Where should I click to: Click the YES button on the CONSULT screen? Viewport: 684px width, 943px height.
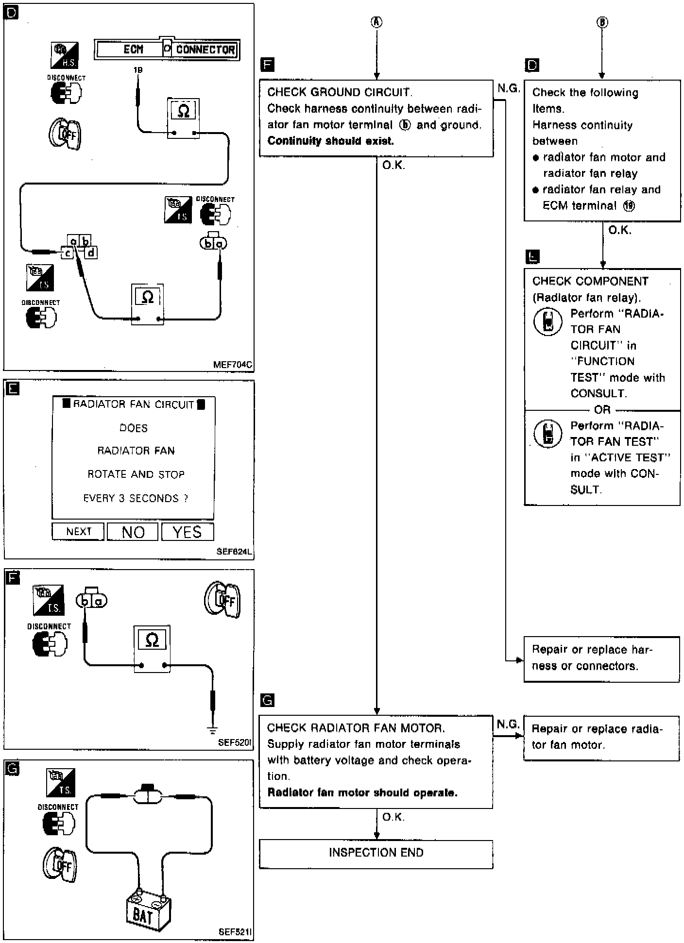coord(188,532)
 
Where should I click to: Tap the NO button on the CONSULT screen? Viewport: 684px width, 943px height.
coord(133,532)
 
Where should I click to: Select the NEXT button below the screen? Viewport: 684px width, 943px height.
coord(78,531)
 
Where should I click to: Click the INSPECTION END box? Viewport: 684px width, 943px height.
coord(376,853)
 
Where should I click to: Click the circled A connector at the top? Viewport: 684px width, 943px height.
coord(376,22)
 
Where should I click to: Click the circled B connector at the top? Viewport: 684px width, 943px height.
coord(602,22)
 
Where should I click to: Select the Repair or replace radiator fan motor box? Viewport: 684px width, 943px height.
coord(601,737)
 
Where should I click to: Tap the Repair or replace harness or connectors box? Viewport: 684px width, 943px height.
coord(601,658)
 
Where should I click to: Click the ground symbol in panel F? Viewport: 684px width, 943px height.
coord(212,729)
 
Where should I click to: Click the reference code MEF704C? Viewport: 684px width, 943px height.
coord(233,365)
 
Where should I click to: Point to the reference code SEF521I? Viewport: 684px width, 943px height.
coord(235,932)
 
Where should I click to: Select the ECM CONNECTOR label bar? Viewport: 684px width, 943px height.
coord(167,49)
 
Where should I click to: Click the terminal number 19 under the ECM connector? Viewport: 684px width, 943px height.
coord(138,70)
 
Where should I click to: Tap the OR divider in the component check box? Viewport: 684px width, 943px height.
coord(602,409)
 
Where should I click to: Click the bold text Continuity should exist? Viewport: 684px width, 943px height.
coord(330,141)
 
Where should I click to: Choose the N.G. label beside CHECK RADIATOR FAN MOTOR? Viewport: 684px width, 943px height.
coord(508,724)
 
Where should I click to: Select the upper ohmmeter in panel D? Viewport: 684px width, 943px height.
coord(184,118)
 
